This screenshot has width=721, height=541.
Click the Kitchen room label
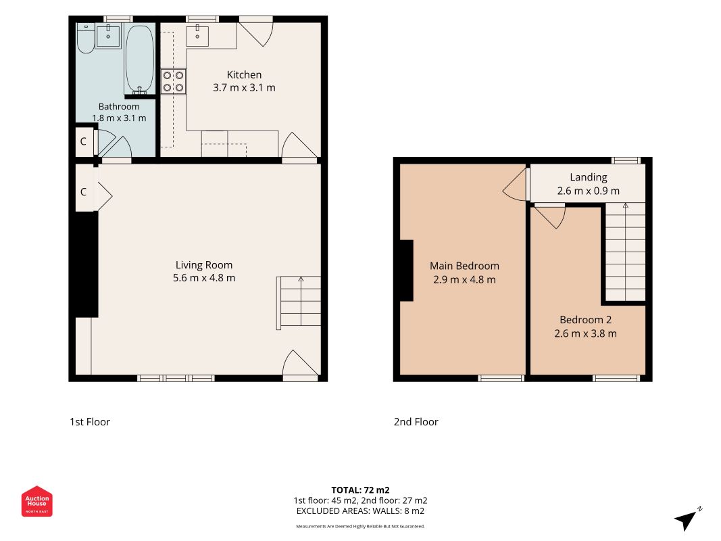[x=244, y=74]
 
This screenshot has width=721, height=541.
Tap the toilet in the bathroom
[x=85, y=38]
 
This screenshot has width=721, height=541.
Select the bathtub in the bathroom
[x=140, y=58]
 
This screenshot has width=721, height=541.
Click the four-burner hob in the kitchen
[x=174, y=81]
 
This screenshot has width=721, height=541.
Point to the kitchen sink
[x=197, y=36]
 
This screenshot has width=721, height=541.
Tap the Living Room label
[x=204, y=265]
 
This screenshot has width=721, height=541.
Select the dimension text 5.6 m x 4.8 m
[x=204, y=278]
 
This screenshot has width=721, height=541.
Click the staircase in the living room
[x=299, y=303]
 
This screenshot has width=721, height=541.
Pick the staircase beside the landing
[x=625, y=252]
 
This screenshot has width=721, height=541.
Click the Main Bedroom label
[x=464, y=266]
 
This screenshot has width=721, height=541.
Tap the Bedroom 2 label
[x=585, y=320]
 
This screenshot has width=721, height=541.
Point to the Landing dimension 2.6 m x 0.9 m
[x=589, y=191]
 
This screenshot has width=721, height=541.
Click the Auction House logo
[x=36, y=501]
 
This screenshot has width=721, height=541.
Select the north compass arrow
[x=687, y=519]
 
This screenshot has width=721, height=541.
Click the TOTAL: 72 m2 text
[x=361, y=490]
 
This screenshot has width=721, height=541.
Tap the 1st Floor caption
[x=90, y=422]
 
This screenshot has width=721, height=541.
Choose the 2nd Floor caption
[x=416, y=422]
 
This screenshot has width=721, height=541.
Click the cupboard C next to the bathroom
[x=83, y=141]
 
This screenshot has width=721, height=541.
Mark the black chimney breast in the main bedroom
[x=407, y=270]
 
